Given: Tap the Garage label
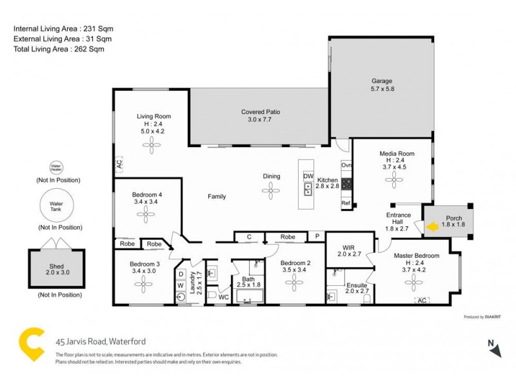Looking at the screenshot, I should [382, 81].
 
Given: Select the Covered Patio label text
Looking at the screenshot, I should [260, 112].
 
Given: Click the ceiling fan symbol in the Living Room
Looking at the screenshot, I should [153, 146].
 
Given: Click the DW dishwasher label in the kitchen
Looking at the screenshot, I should [308, 176].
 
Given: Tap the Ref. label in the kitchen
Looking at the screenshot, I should [346, 204].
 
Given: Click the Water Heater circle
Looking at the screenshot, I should [57, 169].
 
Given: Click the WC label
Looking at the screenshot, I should [223, 297].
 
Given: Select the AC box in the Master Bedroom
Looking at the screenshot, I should [422, 301].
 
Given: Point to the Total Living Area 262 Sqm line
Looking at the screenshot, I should [59, 48].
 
